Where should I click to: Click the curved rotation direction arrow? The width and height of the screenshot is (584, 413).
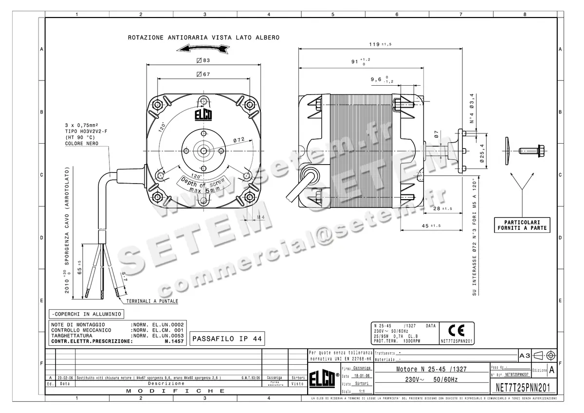(x=202, y=48)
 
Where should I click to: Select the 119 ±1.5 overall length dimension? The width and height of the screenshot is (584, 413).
(x=380, y=44)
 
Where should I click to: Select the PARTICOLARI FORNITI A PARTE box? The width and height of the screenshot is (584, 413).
(x=522, y=225)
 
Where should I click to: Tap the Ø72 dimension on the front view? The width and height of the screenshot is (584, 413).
(x=238, y=140)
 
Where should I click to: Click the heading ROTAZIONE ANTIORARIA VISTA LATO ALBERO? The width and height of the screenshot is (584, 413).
(x=203, y=38)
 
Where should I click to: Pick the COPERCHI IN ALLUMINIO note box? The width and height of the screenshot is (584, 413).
(x=86, y=314)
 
